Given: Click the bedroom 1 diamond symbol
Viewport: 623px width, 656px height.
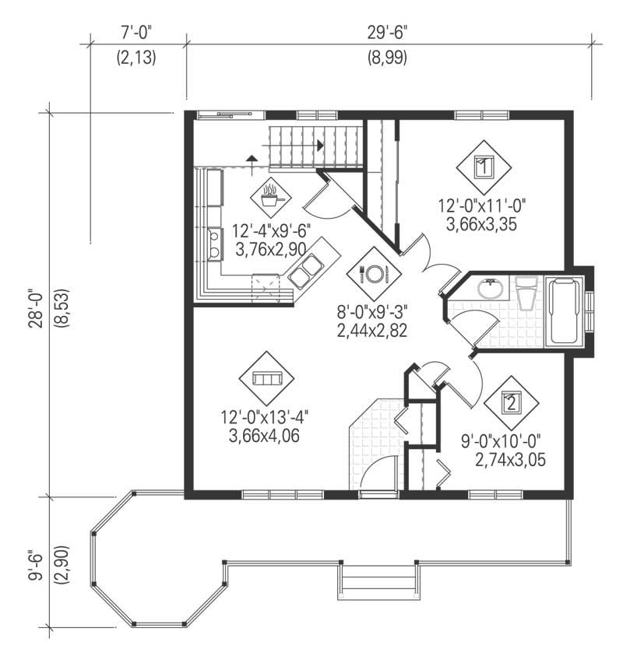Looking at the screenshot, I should [483, 166].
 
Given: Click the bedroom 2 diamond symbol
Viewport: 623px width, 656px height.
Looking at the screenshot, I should [511, 402].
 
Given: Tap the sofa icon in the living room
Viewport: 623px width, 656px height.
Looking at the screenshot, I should [267, 378].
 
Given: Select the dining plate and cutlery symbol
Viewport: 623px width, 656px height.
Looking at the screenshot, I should [374, 274].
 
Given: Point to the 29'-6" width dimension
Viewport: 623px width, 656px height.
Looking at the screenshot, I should [387, 33].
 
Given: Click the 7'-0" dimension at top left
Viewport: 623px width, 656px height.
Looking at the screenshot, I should [137, 33].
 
